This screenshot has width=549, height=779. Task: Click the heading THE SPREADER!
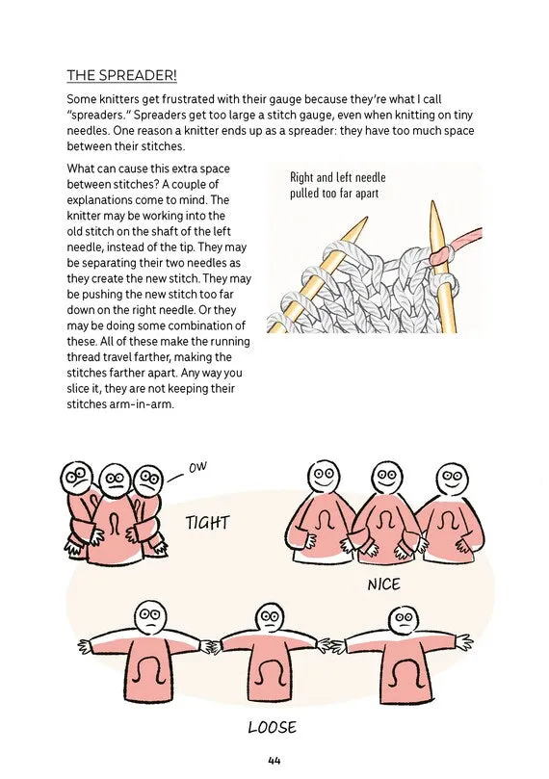[121, 75]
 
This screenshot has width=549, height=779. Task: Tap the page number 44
[274, 761]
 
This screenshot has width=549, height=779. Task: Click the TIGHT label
[208, 523]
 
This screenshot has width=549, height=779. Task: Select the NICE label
[383, 584]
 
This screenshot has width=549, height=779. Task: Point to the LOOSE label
[273, 727]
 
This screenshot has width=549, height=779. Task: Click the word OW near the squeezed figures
[197, 468]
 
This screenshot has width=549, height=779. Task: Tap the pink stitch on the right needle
[437, 255]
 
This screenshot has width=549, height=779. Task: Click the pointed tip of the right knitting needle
[432, 201]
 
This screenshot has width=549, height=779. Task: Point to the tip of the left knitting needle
[367, 218]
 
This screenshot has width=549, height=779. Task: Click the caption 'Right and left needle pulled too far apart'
[338, 185]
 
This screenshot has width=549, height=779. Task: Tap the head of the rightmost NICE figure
[451, 480]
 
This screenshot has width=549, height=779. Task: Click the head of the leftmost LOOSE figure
[151, 617]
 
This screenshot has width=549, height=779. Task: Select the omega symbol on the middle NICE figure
[385, 522]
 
